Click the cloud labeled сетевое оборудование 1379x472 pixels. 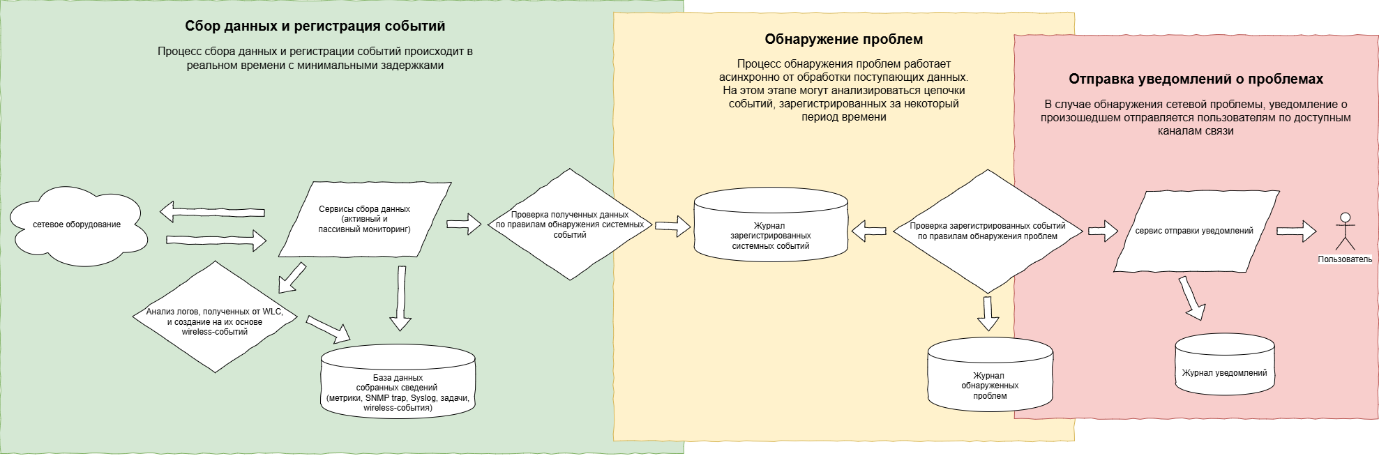pos(77,224)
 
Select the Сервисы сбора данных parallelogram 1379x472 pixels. pos(364,219)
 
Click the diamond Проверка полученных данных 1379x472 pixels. pos(570,224)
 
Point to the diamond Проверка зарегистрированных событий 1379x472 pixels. pos(988,231)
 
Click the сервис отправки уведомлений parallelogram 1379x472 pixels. pos(1194,231)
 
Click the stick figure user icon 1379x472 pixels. pos(1345,232)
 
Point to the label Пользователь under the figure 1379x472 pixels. pos(1345,259)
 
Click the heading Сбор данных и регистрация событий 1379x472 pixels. pos(315,26)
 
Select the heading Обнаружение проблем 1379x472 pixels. pos(843,40)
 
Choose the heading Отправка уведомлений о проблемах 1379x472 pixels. pos(1196,79)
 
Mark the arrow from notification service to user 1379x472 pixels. pos(1296,231)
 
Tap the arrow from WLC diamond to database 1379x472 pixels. pos(328,330)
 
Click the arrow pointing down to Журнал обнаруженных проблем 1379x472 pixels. pos(988,313)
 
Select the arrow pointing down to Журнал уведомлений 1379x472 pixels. pos(1192,298)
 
